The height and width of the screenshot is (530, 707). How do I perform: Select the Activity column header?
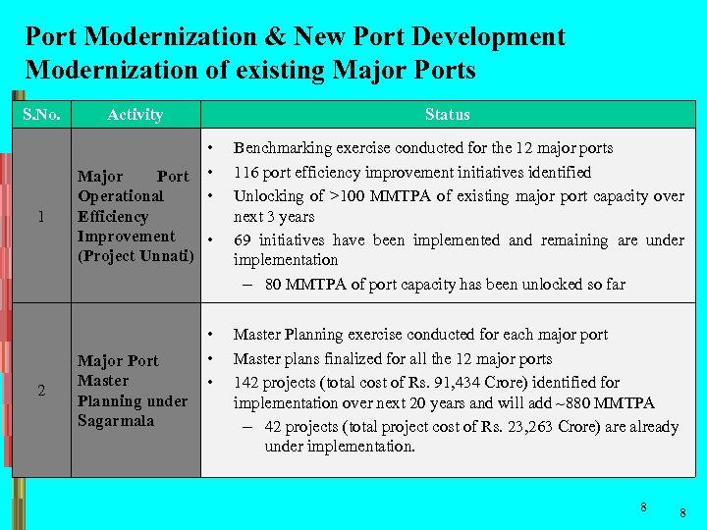[135, 115]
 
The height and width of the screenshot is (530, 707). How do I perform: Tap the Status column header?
[447, 115]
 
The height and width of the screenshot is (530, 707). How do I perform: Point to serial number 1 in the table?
[40, 217]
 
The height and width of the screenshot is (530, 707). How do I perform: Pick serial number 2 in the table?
[40, 391]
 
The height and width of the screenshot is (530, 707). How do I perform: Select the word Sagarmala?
[115, 421]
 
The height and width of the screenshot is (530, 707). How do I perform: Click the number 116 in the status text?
[245, 173]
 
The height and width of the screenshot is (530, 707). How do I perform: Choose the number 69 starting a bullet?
[242, 240]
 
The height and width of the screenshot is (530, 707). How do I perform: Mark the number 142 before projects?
[245, 383]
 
